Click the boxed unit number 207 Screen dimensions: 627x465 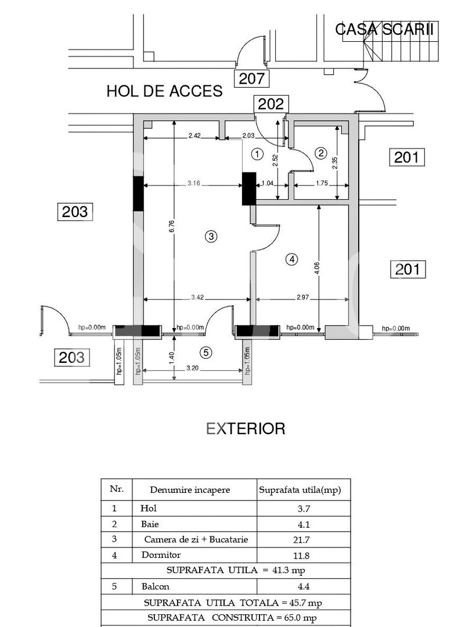pyautogui.click(x=252, y=78)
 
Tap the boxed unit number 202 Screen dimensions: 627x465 pyautogui.click(x=271, y=104)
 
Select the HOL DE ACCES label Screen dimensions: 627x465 pyautogui.click(x=164, y=91)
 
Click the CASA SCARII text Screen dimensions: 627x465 pyautogui.click(x=384, y=30)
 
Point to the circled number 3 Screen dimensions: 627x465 pyautogui.click(x=211, y=236)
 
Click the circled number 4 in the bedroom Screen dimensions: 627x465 pyautogui.click(x=291, y=260)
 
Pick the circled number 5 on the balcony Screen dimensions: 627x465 pyautogui.click(x=206, y=352)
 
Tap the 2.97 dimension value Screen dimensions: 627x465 pyautogui.click(x=302, y=297)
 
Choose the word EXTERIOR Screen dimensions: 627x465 pyautogui.click(x=246, y=428)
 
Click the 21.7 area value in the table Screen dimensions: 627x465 pyautogui.click(x=303, y=539)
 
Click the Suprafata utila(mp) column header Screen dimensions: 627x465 pyautogui.click(x=300, y=490)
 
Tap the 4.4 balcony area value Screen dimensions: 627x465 pyautogui.click(x=303, y=586)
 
